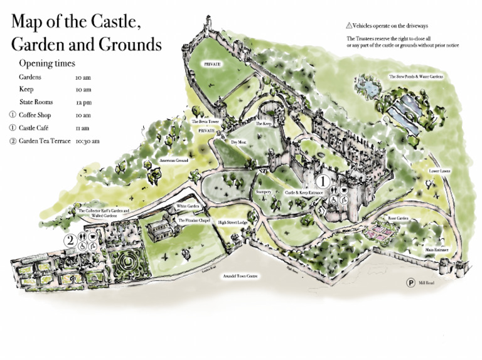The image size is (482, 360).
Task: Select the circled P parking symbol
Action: click(410, 283)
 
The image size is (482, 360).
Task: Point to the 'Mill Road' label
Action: click(426, 283)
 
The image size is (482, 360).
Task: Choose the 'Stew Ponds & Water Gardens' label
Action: click(415, 77)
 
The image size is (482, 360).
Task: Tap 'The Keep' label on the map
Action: click(264, 124)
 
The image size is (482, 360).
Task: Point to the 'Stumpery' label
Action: click(264, 192)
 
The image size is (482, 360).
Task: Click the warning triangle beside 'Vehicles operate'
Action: click(349, 26)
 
